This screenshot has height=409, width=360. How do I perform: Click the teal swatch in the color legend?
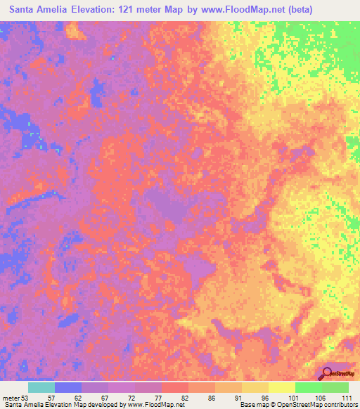(x=41, y=387)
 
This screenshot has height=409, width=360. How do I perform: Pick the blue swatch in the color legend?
(x=68, y=387)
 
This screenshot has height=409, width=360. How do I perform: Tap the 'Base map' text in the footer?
(x=253, y=405)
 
